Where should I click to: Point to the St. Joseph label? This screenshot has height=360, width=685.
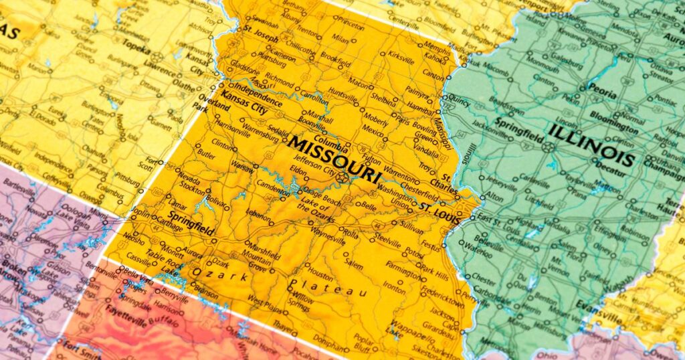click(260, 31)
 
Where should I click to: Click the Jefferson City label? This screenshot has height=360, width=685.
click(314, 171)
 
